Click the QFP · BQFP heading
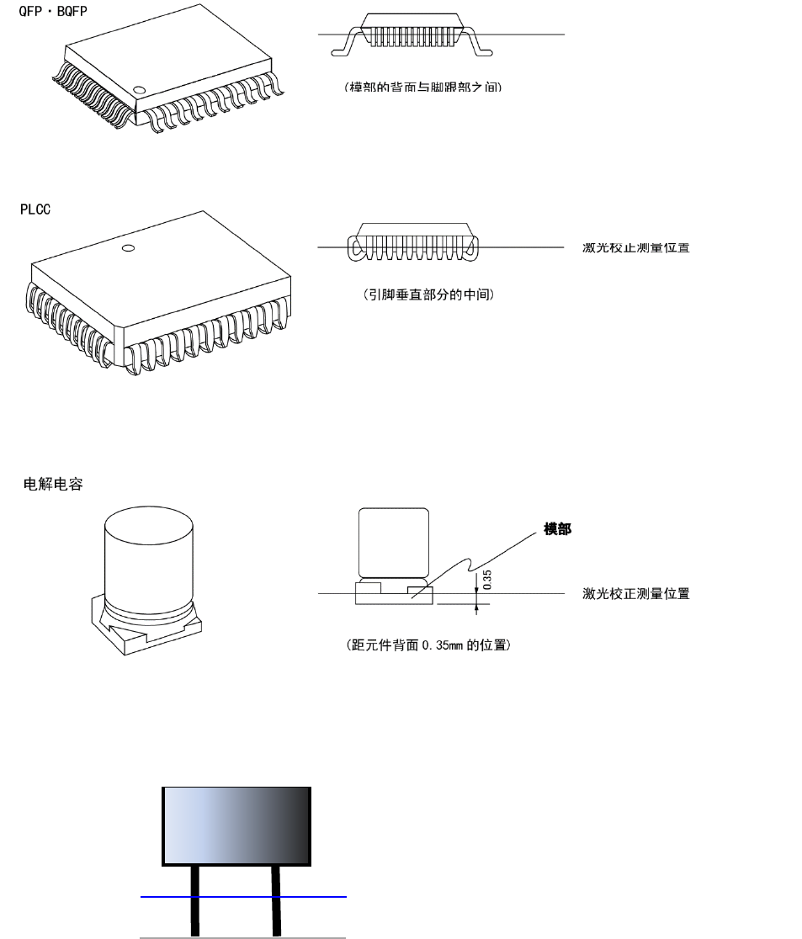coord(53,13)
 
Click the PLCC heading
coord(35,209)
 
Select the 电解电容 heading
coord(53,485)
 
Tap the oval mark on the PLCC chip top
coord(128,248)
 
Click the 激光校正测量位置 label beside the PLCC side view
coord(636,247)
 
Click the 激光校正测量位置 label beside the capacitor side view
coord(636,594)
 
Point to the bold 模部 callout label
coord(557,529)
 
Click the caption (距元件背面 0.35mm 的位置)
coord(428,646)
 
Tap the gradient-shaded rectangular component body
coord(236,825)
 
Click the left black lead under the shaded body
coord(196,900)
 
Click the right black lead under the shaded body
coord(275,900)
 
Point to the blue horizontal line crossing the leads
coord(320,897)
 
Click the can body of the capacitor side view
coord(394,543)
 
